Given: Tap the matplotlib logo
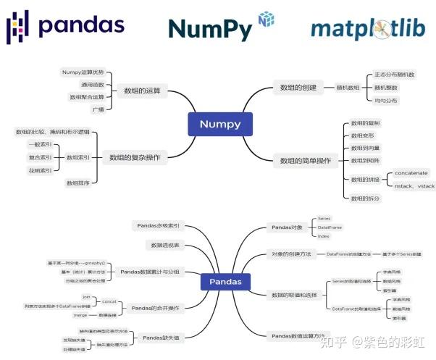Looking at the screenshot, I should [367, 28].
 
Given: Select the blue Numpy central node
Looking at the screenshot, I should [219, 124].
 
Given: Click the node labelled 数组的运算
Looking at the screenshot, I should [143, 91].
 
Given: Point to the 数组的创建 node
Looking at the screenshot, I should [298, 88].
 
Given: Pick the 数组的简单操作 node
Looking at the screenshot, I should [304, 160].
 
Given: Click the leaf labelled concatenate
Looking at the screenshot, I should [411, 173].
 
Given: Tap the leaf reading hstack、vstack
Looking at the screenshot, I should [414, 185].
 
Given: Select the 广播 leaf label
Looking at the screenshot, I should [98, 109].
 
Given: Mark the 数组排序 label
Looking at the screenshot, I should [78, 183].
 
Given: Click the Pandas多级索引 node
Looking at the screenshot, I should [159, 225].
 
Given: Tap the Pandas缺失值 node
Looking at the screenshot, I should [162, 338].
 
